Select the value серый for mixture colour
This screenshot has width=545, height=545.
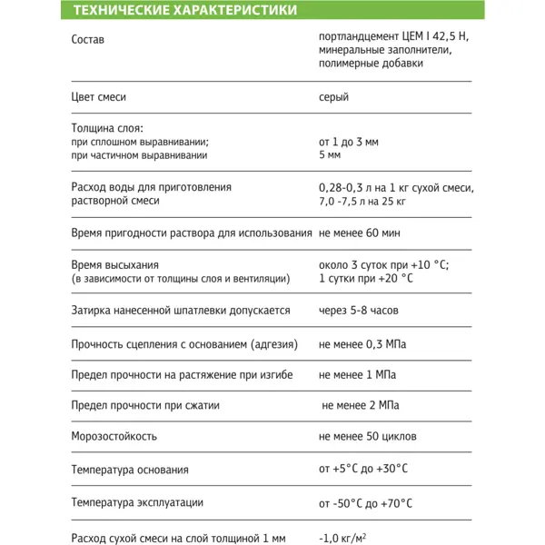(333, 97)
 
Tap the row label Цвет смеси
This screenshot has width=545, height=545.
(98, 97)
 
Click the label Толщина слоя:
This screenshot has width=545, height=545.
(107, 128)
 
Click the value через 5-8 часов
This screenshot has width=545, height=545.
(358, 311)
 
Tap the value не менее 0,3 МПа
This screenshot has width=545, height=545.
(362, 345)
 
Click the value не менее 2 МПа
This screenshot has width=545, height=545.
(361, 405)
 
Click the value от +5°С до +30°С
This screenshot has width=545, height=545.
(363, 470)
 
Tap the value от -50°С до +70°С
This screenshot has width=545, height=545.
(366, 502)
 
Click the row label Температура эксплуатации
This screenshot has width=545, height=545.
(137, 502)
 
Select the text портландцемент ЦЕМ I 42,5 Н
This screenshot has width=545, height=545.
(395, 37)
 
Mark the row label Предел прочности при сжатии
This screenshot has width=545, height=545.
(145, 405)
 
